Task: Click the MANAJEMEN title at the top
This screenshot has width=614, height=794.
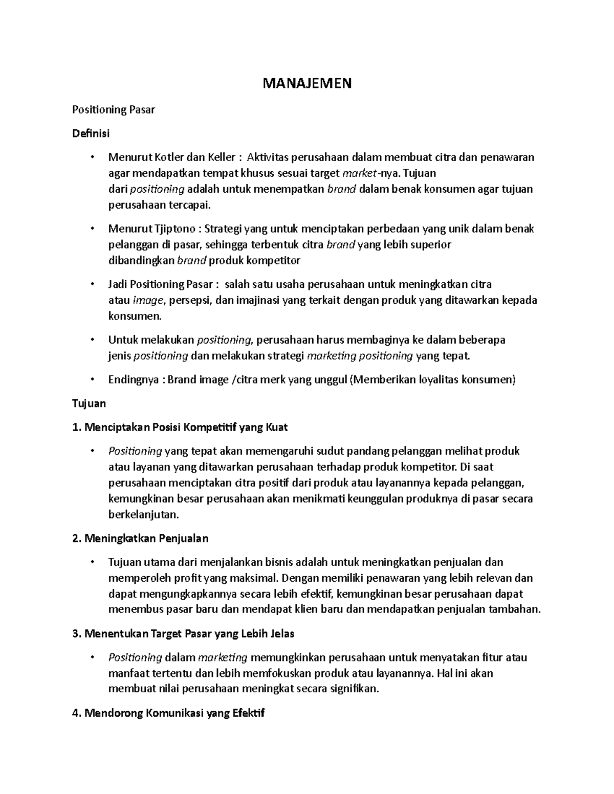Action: (307, 83)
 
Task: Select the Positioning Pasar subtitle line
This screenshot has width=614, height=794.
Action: (113, 109)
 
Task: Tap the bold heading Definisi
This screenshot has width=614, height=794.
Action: (91, 133)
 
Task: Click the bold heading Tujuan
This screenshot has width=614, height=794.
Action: (89, 403)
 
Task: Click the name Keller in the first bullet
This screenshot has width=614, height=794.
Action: (220, 157)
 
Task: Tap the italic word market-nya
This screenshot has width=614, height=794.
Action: (368, 173)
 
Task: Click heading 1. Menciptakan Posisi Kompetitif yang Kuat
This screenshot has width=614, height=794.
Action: (180, 427)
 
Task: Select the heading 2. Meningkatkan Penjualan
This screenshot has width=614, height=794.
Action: (140, 538)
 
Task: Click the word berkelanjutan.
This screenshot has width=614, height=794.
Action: (143, 514)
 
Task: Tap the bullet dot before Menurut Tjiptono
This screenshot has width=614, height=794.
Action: (92, 229)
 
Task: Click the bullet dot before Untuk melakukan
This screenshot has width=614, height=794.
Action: (92, 339)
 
